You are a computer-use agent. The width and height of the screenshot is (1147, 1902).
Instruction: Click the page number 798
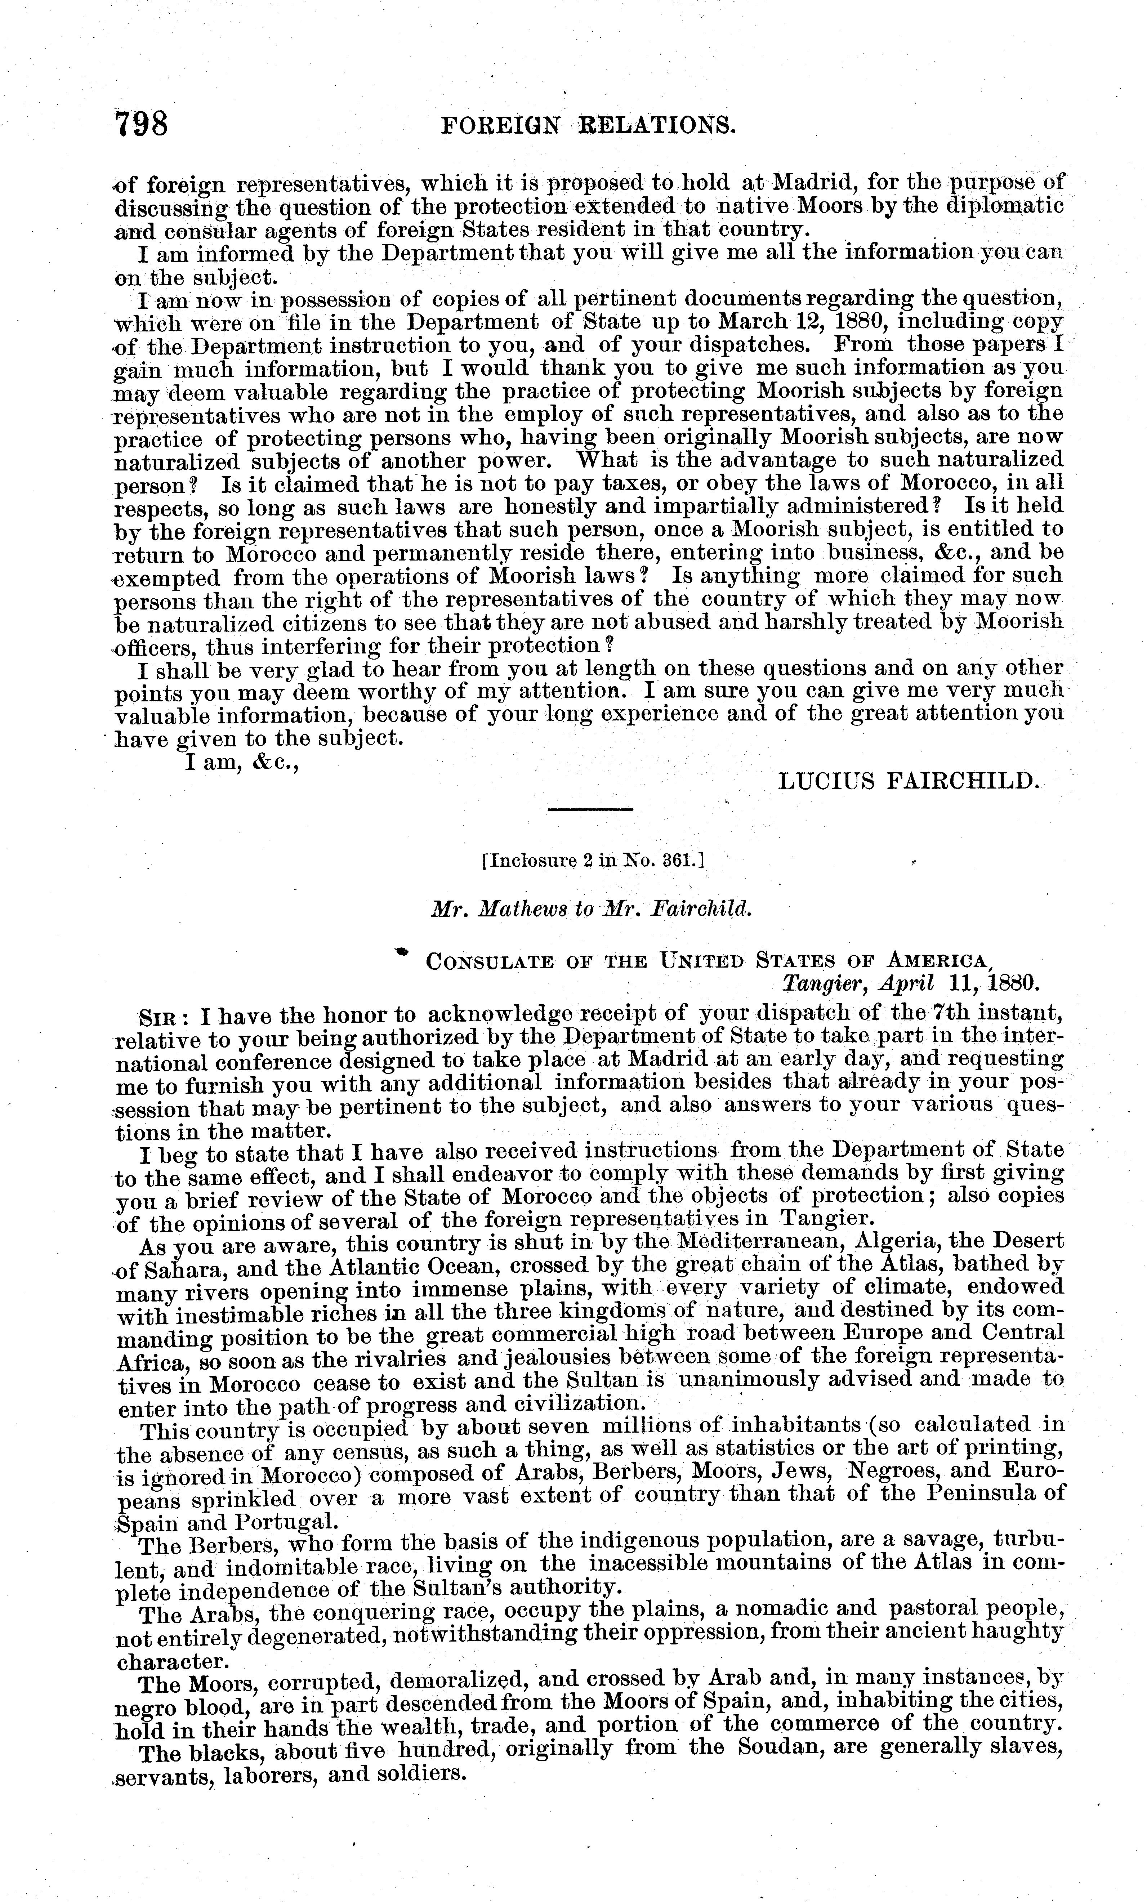(141, 124)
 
